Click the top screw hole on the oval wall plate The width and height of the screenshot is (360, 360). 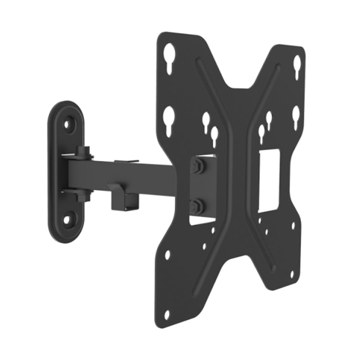(68, 124)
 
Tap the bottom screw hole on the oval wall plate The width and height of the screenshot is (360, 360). (67, 220)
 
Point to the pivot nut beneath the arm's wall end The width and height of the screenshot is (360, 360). (82, 197)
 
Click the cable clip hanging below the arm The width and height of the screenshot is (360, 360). (125, 198)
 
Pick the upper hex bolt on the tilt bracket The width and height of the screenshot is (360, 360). (197, 165)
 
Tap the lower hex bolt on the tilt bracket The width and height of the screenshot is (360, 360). (197, 207)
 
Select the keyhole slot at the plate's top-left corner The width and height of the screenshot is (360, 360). (169, 56)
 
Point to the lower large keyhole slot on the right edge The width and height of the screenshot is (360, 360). (295, 116)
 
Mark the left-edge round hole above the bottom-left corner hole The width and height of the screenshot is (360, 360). (168, 255)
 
